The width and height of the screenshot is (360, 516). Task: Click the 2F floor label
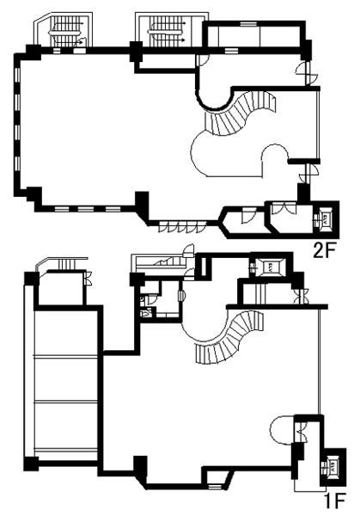pos(324,252)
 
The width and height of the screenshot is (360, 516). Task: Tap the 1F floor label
pos(334,504)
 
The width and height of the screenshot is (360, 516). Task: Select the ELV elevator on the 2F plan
pos(324,218)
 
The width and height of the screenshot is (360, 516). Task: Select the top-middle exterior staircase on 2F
pos(170,29)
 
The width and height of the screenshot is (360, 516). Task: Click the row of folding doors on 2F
pos(182,227)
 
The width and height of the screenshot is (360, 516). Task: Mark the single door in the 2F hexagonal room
pos(247,214)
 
